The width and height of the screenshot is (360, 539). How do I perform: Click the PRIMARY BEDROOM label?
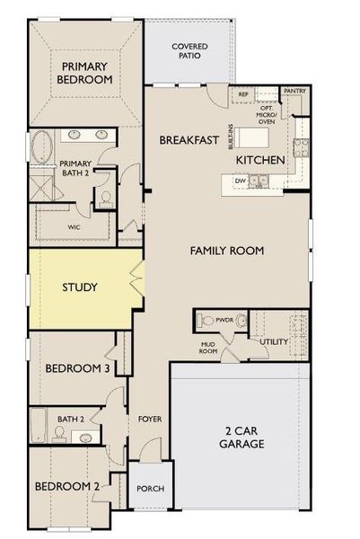(86, 73)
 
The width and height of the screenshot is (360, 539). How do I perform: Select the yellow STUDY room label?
(79, 287)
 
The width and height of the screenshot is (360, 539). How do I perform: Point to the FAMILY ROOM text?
(226, 251)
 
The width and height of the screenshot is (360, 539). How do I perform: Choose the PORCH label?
(149, 489)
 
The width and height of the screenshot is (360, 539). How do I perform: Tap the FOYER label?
(149, 419)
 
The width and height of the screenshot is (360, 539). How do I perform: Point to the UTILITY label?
(273, 342)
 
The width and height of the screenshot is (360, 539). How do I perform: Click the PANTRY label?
(294, 91)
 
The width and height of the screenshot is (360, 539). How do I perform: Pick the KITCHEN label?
(260, 159)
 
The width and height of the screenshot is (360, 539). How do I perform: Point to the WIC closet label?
(48, 227)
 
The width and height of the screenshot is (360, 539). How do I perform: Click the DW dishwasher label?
(240, 181)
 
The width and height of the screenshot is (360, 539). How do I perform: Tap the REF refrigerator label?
(242, 93)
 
